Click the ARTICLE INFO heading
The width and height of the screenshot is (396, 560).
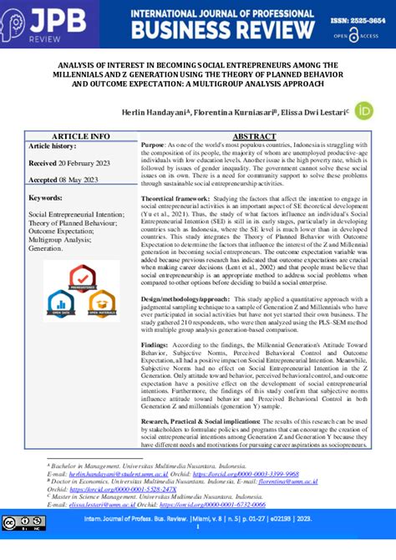(x=80, y=135)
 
